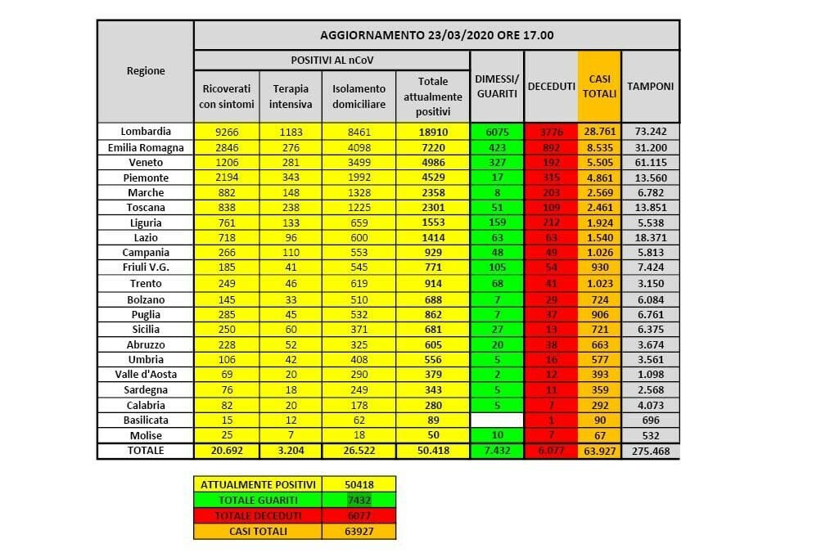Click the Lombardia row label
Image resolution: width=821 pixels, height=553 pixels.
(x=146, y=132)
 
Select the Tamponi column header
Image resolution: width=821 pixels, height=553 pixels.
(x=650, y=86)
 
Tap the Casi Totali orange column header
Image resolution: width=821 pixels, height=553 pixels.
(x=600, y=86)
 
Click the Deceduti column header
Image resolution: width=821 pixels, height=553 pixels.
(x=551, y=86)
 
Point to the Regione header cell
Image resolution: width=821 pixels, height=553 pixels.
(x=146, y=71)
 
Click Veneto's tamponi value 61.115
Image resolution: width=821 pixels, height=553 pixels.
(x=650, y=162)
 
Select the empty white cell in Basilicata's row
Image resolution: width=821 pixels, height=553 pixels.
(x=497, y=420)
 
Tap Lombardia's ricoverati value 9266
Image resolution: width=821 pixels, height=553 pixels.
(x=227, y=132)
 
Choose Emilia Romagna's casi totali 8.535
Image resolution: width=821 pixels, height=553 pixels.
(x=600, y=147)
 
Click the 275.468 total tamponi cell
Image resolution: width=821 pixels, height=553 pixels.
(x=650, y=451)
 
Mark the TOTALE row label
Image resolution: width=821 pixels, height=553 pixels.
(x=146, y=451)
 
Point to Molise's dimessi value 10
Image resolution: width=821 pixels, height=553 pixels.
(x=497, y=435)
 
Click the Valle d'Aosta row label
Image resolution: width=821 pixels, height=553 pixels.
(x=146, y=374)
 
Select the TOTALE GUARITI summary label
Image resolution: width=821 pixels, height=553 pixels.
(x=258, y=499)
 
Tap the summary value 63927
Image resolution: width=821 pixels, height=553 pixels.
(x=359, y=532)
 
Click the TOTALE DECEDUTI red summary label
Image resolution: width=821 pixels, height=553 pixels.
(x=258, y=515)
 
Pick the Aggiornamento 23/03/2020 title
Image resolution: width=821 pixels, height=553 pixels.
(x=435, y=35)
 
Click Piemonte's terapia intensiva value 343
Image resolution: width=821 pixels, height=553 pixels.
(x=291, y=178)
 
